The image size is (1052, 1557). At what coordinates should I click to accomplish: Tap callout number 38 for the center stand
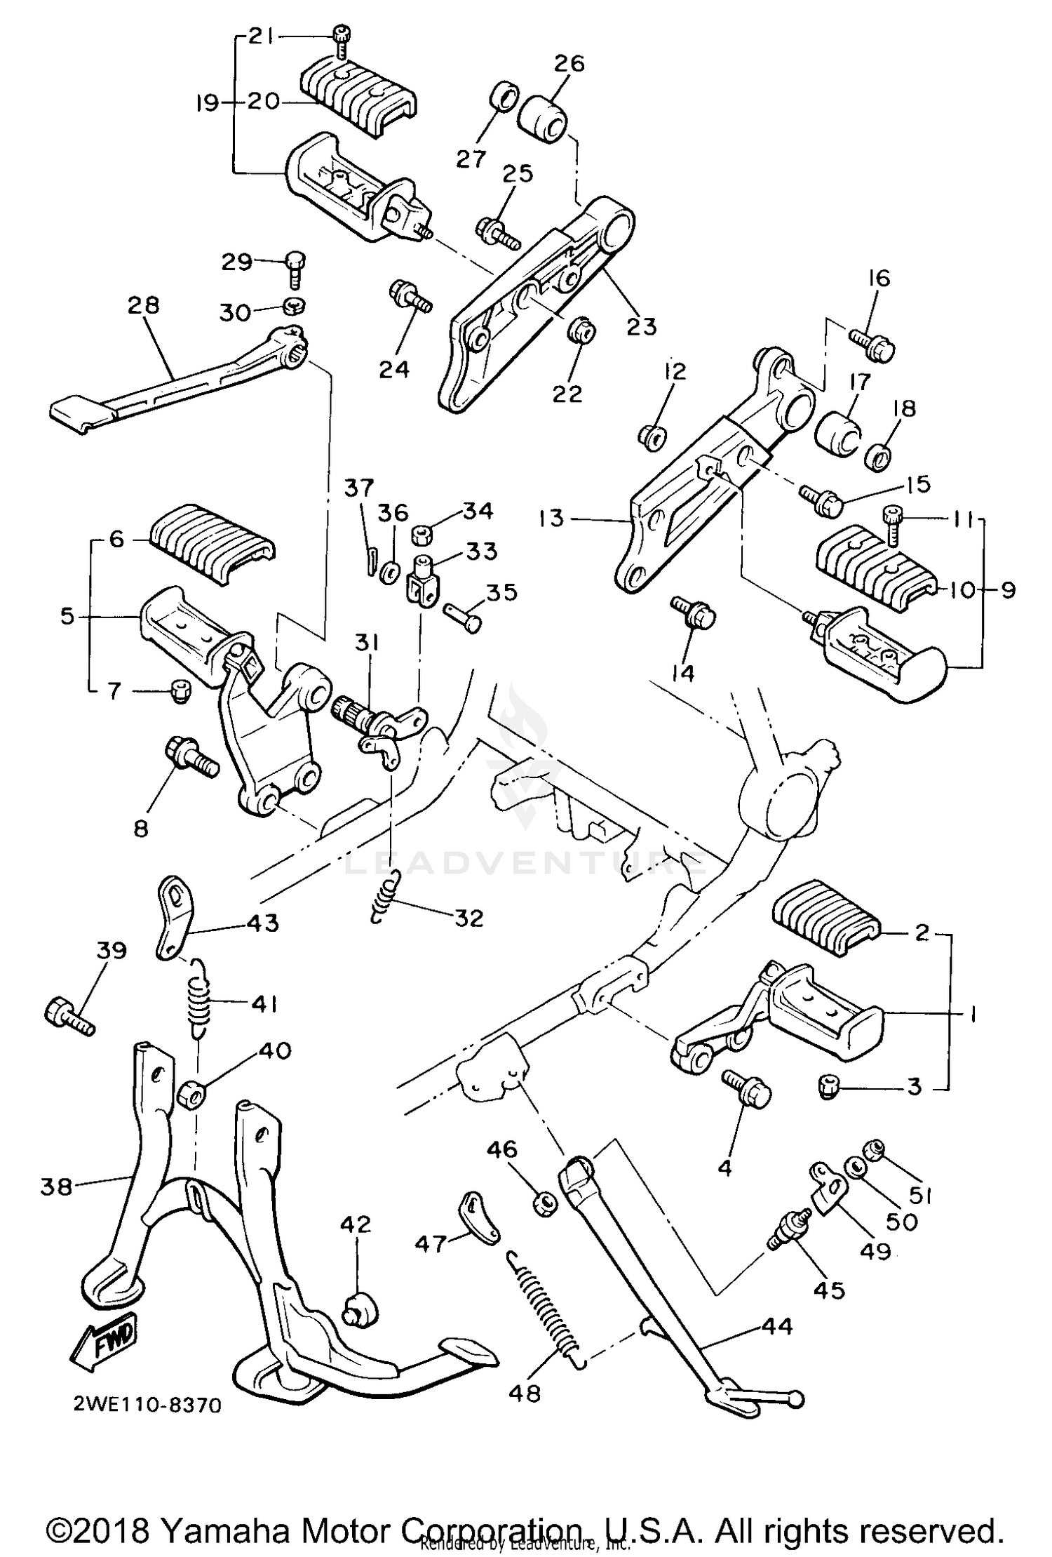[56, 1187]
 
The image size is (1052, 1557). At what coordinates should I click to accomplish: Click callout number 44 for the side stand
[775, 1325]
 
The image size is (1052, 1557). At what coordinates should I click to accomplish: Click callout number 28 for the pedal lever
[144, 305]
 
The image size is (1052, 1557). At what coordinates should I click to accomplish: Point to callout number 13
[552, 519]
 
